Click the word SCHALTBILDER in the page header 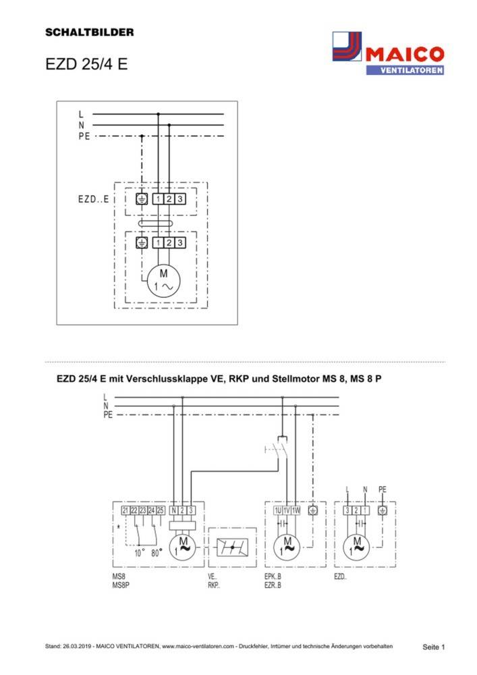(x=90, y=32)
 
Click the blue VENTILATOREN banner (x=405, y=70)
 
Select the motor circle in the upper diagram (x=163, y=279)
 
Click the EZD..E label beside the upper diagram (x=92, y=200)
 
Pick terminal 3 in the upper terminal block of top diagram (x=180, y=199)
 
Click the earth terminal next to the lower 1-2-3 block (x=142, y=242)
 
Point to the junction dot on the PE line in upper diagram (x=142, y=136)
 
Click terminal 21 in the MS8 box (x=125, y=510)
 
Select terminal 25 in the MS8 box (x=161, y=510)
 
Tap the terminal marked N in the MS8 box (x=174, y=510)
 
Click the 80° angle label (x=157, y=552)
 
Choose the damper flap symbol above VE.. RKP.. (x=232, y=547)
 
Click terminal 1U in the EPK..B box (x=277, y=511)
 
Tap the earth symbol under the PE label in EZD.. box (x=383, y=511)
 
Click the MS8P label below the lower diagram (x=121, y=587)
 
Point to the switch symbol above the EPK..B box (x=278, y=448)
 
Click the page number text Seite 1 (x=434, y=647)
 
